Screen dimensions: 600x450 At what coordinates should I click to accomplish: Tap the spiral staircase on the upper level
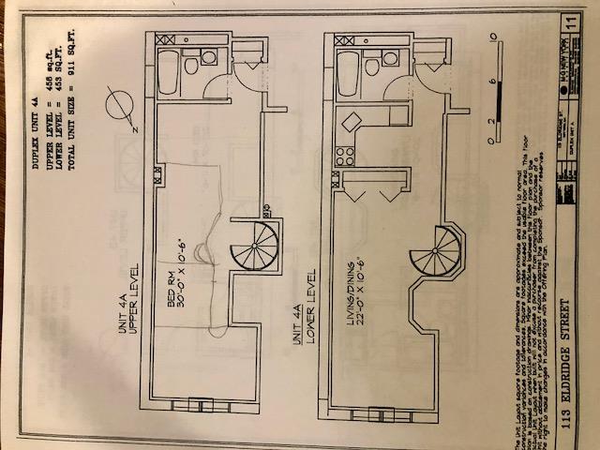point(252,246)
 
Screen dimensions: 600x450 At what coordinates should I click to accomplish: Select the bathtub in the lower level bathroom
point(348,69)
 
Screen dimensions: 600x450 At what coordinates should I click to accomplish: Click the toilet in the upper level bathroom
point(191,66)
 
